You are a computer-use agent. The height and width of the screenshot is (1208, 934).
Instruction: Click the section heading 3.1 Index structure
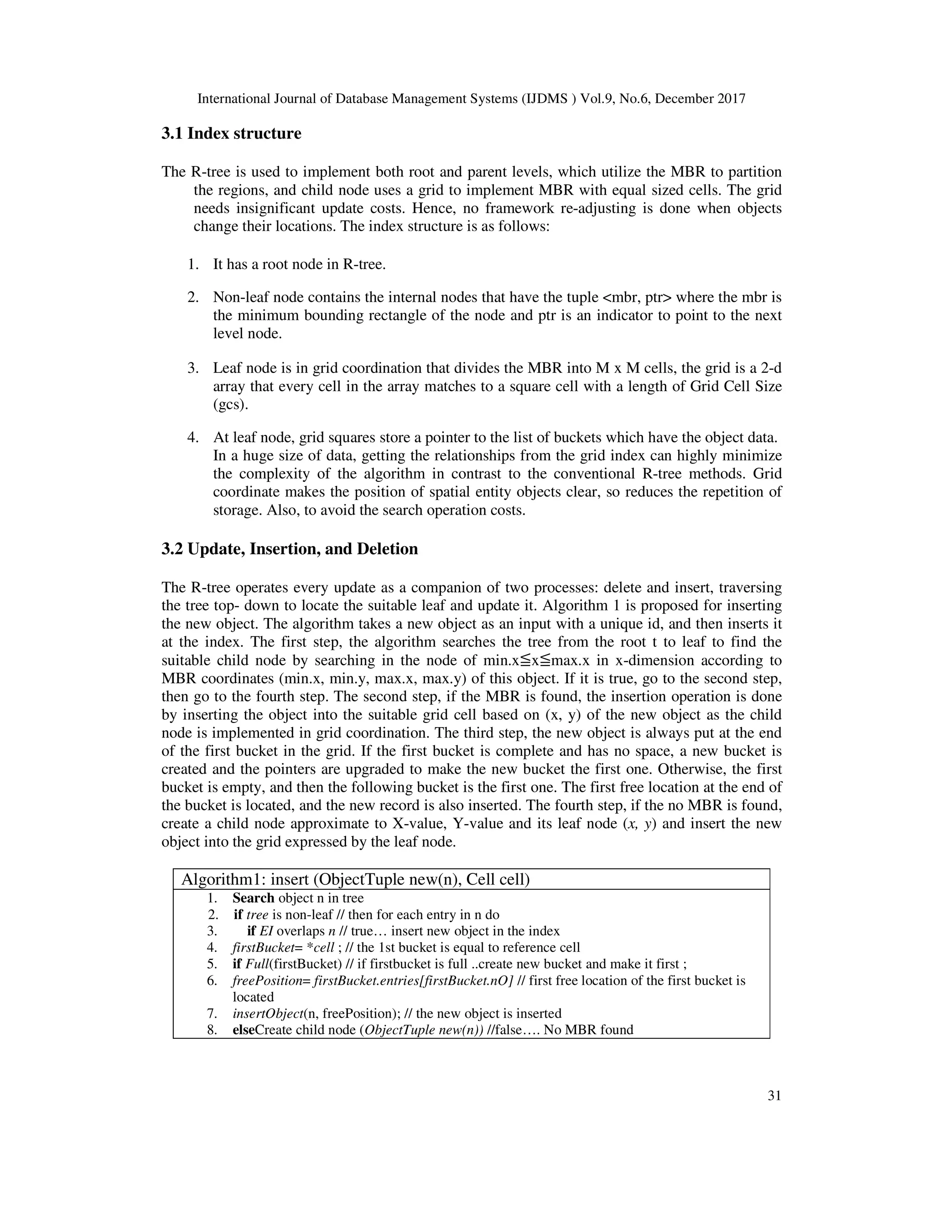[x=231, y=134]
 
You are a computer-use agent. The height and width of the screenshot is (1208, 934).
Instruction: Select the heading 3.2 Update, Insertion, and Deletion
[x=290, y=549]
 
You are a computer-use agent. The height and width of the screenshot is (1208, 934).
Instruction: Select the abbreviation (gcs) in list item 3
[x=231, y=404]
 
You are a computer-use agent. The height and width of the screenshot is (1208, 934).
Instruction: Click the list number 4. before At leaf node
[x=192, y=438]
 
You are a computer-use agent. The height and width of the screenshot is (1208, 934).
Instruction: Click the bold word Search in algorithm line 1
[x=254, y=898]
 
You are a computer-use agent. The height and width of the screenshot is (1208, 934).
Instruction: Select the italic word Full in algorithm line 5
[x=256, y=964]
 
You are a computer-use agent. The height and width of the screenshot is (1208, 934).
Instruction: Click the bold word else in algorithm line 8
[x=242, y=1030]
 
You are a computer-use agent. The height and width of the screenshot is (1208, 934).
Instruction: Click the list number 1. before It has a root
[x=192, y=264]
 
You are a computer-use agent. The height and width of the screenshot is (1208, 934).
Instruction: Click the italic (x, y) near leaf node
[x=635, y=824]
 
